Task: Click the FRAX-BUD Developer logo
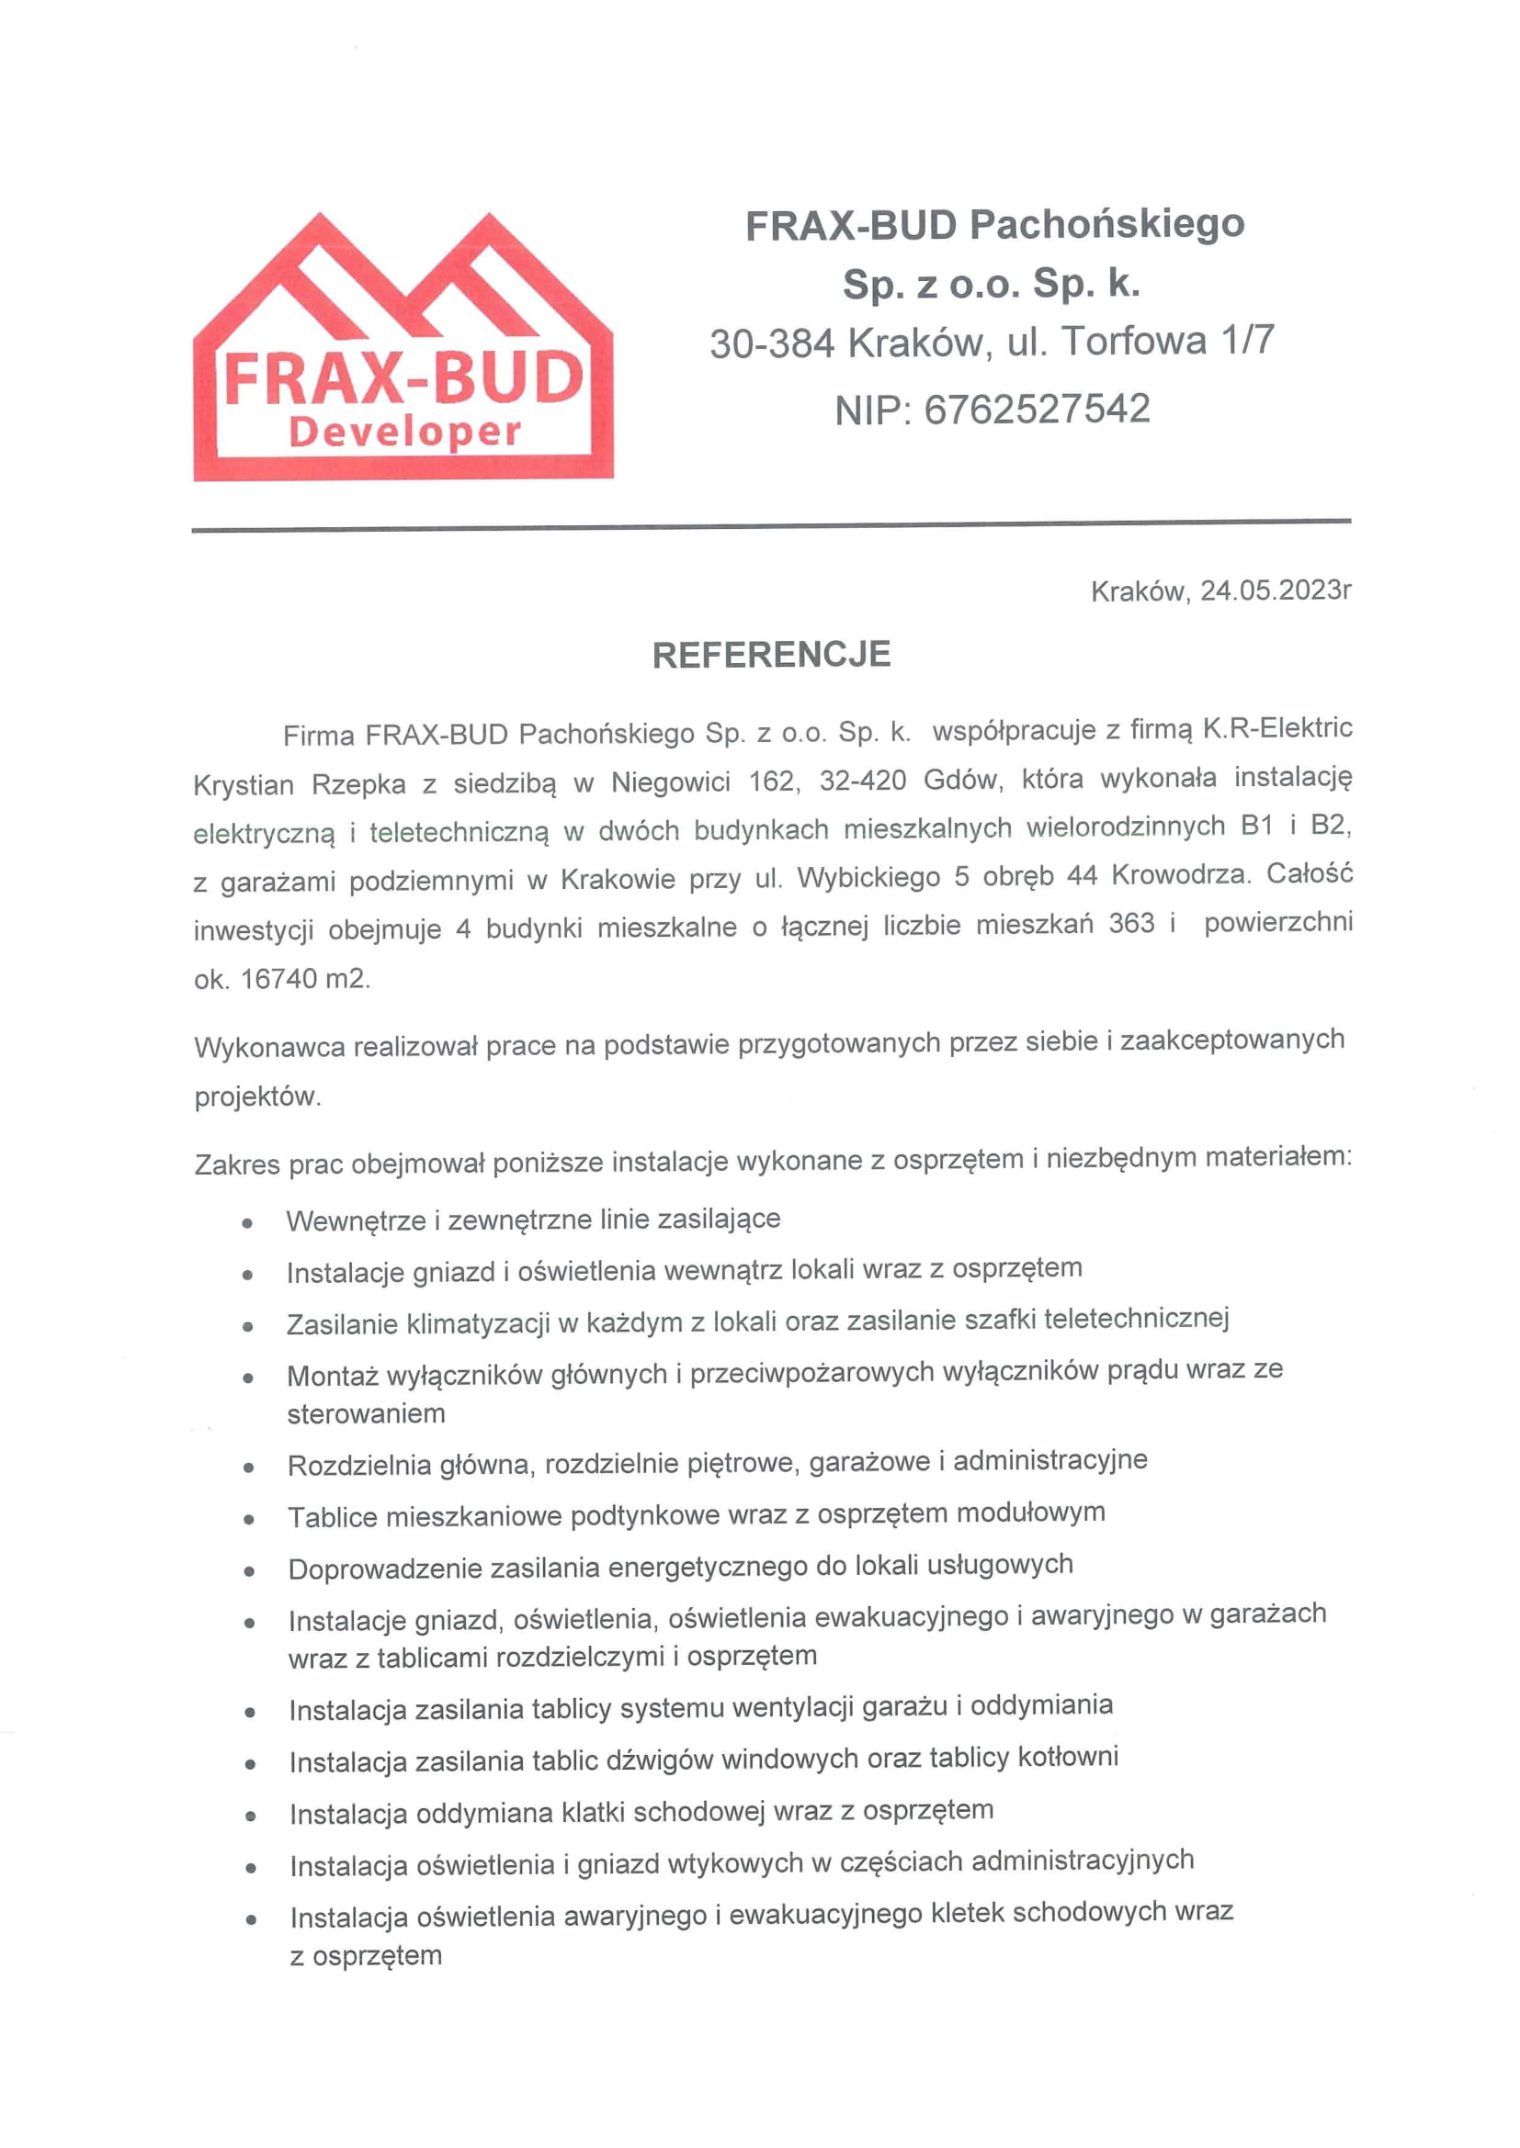[x=403, y=348]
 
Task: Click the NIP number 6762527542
[x=1037, y=410]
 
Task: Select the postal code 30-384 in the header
[x=771, y=344]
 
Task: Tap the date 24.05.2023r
[x=1275, y=590]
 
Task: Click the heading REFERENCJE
[x=771, y=655]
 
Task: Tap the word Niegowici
[x=670, y=782]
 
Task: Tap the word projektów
[x=257, y=1096]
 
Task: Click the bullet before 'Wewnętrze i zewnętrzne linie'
[x=247, y=1222]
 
